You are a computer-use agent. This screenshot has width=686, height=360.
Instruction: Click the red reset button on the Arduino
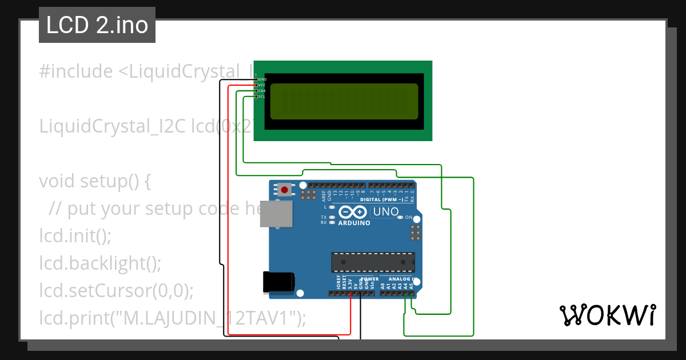pyautogui.click(x=284, y=189)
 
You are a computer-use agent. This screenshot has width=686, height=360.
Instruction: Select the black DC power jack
pyautogui.click(x=278, y=282)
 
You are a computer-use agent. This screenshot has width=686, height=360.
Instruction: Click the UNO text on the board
pyautogui.click(x=386, y=212)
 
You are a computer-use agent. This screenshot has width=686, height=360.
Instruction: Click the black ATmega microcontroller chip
pyautogui.click(x=373, y=262)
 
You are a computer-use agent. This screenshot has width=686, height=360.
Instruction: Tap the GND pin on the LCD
pyautogui.click(x=256, y=79)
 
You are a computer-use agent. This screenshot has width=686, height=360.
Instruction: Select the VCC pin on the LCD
pyautogui.click(x=256, y=85)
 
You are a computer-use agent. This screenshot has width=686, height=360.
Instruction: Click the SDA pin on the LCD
pyautogui.click(x=256, y=91)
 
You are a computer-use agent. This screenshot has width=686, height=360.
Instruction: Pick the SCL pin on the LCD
pyautogui.click(x=256, y=97)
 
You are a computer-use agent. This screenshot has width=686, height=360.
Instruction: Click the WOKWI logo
pyautogui.click(x=607, y=315)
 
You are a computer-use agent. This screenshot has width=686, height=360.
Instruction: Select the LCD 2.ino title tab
pyautogui.click(x=97, y=26)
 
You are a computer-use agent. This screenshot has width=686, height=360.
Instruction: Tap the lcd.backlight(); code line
pyautogui.click(x=100, y=263)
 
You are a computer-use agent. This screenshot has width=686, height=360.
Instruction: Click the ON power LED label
pyautogui.click(x=408, y=218)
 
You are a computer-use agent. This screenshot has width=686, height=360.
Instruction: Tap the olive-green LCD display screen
pyautogui.click(x=344, y=101)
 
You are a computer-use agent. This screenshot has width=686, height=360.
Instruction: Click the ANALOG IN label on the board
pyautogui.click(x=403, y=279)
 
